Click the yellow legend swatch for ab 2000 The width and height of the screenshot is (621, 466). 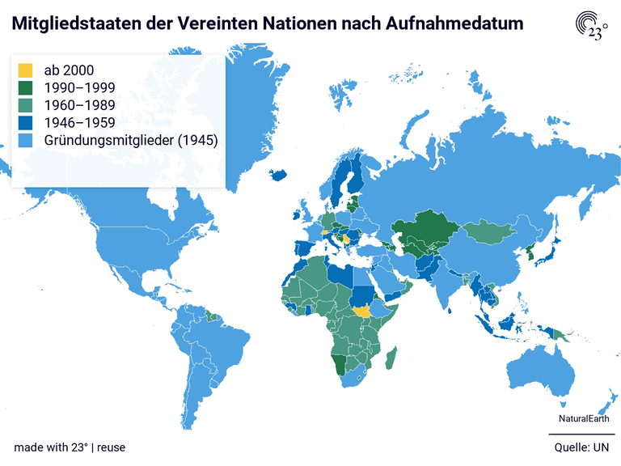[25, 70]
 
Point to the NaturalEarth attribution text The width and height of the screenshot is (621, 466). [584, 418]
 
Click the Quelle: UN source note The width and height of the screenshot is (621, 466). [581, 447]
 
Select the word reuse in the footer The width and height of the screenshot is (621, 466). [112, 447]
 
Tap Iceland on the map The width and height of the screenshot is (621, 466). [278, 174]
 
